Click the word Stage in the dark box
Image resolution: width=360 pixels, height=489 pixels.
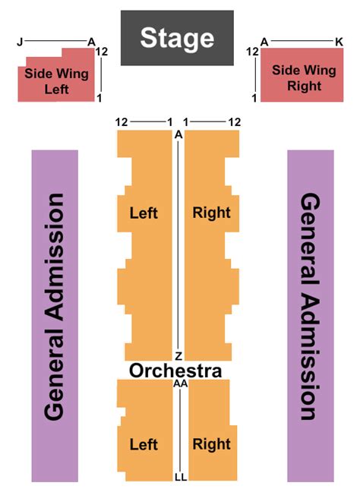pyautogui.click(x=177, y=37)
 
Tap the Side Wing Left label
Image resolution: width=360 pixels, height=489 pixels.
pyautogui.click(x=57, y=81)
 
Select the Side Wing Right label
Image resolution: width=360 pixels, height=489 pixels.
pyautogui.click(x=304, y=78)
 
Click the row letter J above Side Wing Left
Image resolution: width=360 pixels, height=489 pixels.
pyautogui.click(x=20, y=42)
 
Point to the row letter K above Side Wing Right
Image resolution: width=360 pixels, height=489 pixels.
pyautogui.click(x=339, y=41)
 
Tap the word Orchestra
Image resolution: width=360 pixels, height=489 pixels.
pyautogui.click(x=175, y=371)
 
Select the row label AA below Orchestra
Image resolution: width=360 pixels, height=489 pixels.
pyautogui.click(x=180, y=385)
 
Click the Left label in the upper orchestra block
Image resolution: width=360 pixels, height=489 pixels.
pyautogui.click(x=144, y=213)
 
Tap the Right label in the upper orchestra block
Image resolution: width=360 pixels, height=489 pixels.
pyautogui.click(x=211, y=213)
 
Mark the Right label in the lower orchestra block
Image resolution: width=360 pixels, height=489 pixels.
pyautogui.click(x=211, y=443)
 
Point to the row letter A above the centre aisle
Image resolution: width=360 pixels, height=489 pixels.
pyautogui.click(x=178, y=134)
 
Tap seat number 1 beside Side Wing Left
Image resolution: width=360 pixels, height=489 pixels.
pyautogui.click(x=99, y=98)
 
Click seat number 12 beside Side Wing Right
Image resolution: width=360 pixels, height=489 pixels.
pyautogui.click(x=253, y=52)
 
